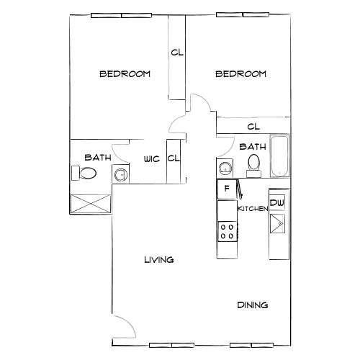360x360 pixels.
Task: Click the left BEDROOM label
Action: pyautogui.click(x=125, y=73)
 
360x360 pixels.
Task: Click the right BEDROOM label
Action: pyautogui.click(x=241, y=73)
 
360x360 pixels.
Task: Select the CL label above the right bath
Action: pyautogui.click(x=253, y=127)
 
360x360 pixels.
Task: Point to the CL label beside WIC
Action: pyautogui.click(x=173, y=158)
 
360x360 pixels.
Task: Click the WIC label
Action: pyautogui.click(x=151, y=158)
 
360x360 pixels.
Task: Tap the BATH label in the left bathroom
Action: pyautogui.click(x=97, y=157)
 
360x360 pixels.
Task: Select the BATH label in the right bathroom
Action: pyautogui.click(x=252, y=146)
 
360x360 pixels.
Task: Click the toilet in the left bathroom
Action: pyautogui.click(x=85, y=174)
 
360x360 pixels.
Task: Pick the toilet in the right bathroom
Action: pyautogui.click(x=253, y=166)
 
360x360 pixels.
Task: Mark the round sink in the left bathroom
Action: pyautogui.click(x=120, y=174)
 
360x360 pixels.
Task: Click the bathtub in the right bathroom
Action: pyautogui.click(x=278, y=156)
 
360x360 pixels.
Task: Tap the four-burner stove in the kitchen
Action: pyautogui.click(x=227, y=231)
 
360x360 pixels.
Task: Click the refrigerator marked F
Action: pyautogui.click(x=227, y=189)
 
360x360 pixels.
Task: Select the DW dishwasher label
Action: pyautogui.click(x=277, y=203)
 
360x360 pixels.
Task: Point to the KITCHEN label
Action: pyautogui.click(x=253, y=208)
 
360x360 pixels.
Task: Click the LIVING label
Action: pyautogui.click(x=158, y=260)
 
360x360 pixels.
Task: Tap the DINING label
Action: pyautogui.click(x=253, y=305)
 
